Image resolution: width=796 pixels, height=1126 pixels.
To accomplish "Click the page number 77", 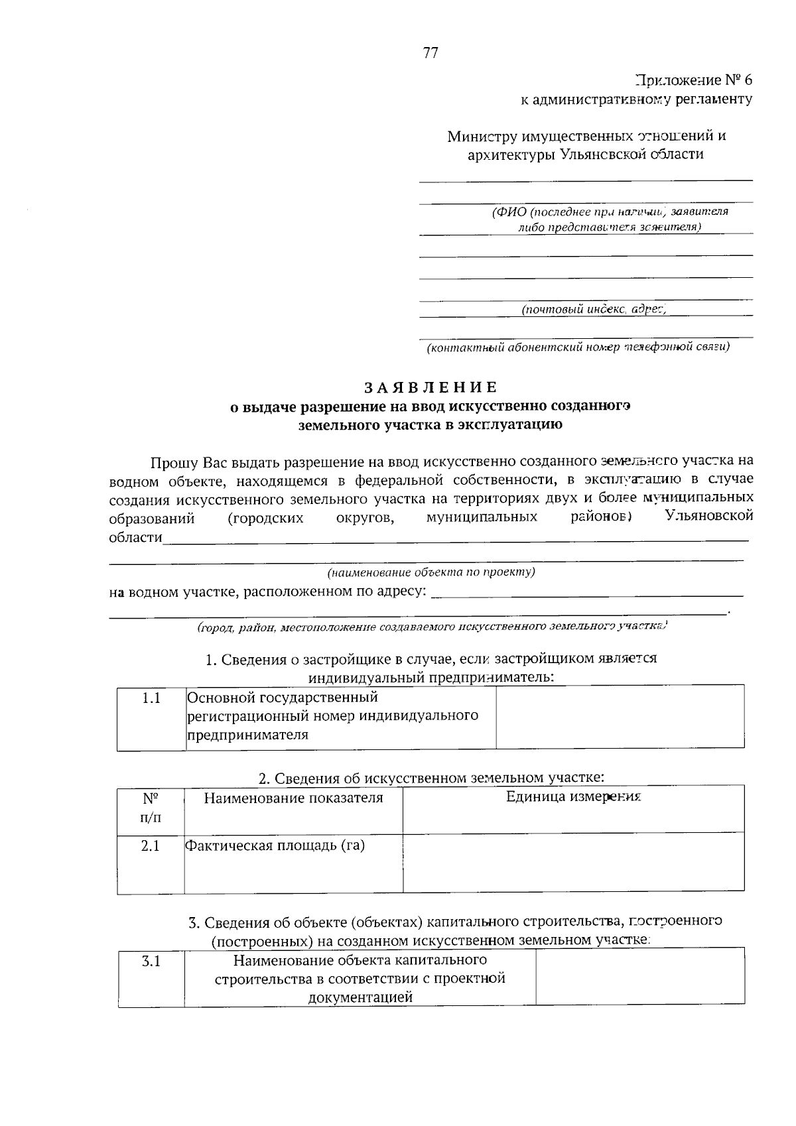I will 431,54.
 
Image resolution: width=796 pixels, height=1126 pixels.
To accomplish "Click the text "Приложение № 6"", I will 694,81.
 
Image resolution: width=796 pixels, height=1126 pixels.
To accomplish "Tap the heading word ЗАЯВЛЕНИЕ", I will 430,387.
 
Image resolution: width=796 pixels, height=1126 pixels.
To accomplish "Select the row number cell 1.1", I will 151,698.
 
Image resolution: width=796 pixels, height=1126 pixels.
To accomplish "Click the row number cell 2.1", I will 151,846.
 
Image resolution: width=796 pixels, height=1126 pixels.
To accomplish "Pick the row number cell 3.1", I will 151,961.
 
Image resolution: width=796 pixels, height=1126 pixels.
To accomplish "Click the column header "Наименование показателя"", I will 293,798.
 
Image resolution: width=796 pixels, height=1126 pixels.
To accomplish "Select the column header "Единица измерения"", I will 573,797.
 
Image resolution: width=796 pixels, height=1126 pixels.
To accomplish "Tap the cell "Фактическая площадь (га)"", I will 275,845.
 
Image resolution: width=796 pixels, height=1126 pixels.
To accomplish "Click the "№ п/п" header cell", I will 151,807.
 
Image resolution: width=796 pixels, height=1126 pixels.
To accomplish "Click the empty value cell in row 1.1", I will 620,717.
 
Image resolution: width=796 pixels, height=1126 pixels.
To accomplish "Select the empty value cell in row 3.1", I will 639,977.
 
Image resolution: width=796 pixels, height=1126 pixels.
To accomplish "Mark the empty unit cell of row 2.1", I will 573,862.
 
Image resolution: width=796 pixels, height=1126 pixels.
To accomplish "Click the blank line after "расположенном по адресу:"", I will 586,592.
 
